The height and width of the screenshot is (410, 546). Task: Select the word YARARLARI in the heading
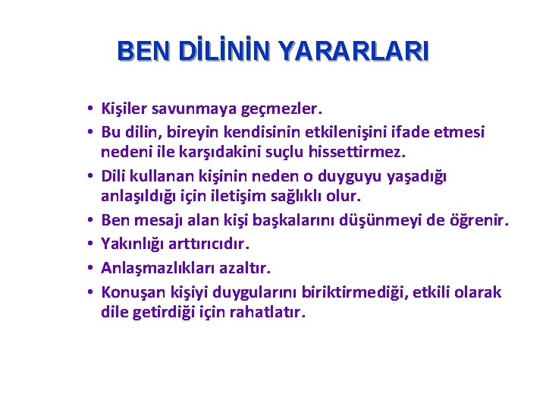[353, 51]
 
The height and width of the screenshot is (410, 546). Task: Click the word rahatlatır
[268, 311]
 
